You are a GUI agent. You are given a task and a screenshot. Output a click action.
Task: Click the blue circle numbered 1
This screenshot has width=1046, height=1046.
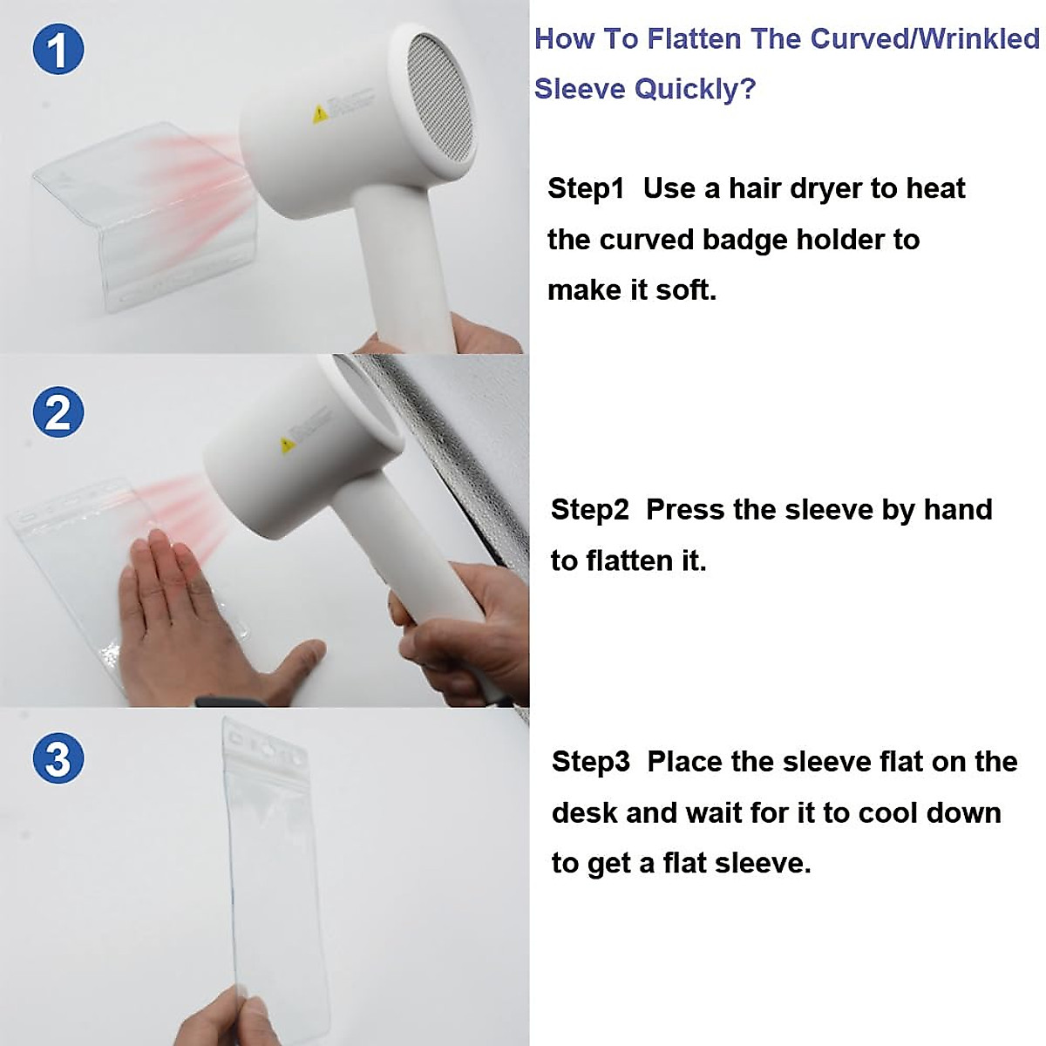click(58, 50)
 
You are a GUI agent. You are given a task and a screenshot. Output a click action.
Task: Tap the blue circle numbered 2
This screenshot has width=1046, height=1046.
click(58, 412)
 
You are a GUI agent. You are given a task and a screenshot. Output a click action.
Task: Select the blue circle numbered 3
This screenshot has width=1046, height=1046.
click(58, 757)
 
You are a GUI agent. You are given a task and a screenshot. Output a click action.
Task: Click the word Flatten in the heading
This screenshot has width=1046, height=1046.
click(694, 39)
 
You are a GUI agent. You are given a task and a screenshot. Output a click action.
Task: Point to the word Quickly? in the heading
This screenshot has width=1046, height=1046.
click(696, 89)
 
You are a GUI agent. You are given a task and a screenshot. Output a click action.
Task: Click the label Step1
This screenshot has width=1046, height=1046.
click(586, 189)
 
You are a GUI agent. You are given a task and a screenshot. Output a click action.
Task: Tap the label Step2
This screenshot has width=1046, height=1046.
click(590, 510)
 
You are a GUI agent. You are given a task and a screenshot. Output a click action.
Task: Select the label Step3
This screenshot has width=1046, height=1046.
click(591, 762)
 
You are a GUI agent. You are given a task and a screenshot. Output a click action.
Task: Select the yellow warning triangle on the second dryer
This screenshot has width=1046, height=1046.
click(287, 445)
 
